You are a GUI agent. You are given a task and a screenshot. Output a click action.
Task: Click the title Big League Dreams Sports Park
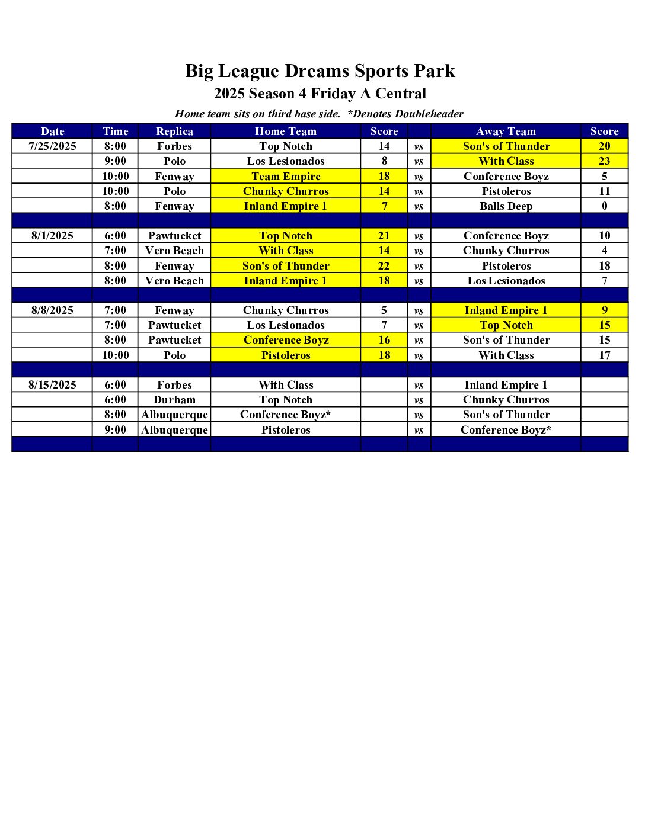click(x=320, y=71)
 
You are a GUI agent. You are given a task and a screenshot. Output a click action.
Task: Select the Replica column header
click(x=174, y=131)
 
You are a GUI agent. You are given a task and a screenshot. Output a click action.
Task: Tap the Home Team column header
click(x=286, y=131)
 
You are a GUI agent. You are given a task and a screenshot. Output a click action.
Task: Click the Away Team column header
click(x=506, y=131)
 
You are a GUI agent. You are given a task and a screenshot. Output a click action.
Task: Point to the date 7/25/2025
click(x=52, y=146)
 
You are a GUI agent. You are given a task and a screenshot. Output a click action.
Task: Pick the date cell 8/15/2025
click(x=52, y=385)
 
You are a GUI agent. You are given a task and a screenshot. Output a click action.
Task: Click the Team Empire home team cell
click(x=286, y=177)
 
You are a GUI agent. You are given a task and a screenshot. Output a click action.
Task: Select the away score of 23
click(x=604, y=161)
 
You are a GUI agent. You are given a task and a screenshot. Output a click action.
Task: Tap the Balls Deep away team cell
click(x=506, y=206)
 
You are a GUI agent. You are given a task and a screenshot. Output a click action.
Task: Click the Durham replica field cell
click(x=174, y=400)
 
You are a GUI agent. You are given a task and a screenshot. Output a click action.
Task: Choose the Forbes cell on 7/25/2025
click(x=174, y=146)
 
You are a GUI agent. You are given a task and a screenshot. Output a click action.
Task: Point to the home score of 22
click(x=384, y=266)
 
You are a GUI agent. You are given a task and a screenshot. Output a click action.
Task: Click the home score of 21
click(x=384, y=236)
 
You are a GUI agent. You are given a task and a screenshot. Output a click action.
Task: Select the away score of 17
click(x=604, y=355)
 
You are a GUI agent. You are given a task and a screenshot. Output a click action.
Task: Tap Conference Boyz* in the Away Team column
click(x=506, y=430)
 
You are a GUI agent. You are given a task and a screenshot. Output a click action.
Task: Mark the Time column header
click(x=115, y=131)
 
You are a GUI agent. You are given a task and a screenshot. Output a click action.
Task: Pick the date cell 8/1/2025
click(x=52, y=236)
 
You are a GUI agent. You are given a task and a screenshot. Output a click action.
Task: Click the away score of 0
click(x=604, y=206)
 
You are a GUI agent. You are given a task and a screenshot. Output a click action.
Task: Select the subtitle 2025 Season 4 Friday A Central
click(x=320, y=94)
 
